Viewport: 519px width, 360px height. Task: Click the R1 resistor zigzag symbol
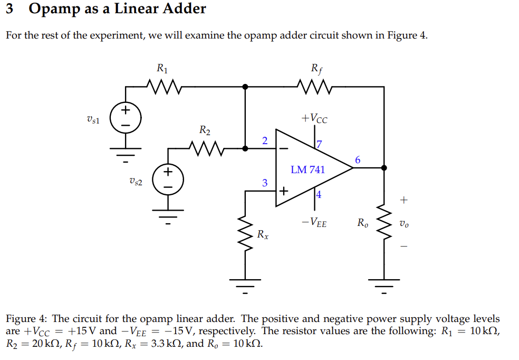click(x=163, y=85)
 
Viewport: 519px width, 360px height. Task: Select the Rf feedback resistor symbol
click(x=314, y=85)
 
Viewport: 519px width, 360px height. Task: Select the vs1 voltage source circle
click(x=126, y=118)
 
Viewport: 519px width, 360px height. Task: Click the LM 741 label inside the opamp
click(x=308, y=169)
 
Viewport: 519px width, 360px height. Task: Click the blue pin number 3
click(x=265, y=183)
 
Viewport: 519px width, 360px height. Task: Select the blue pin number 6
click(x=358, y=160)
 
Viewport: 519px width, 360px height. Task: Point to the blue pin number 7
click(x=319, y=144)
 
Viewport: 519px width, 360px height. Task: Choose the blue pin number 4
click(x=319, y=194)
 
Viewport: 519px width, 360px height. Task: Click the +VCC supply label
click(x=314, y=118)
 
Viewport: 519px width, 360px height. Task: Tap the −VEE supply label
click(x=314, y=223)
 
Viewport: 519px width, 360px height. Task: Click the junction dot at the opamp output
click(x=383, y=168)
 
